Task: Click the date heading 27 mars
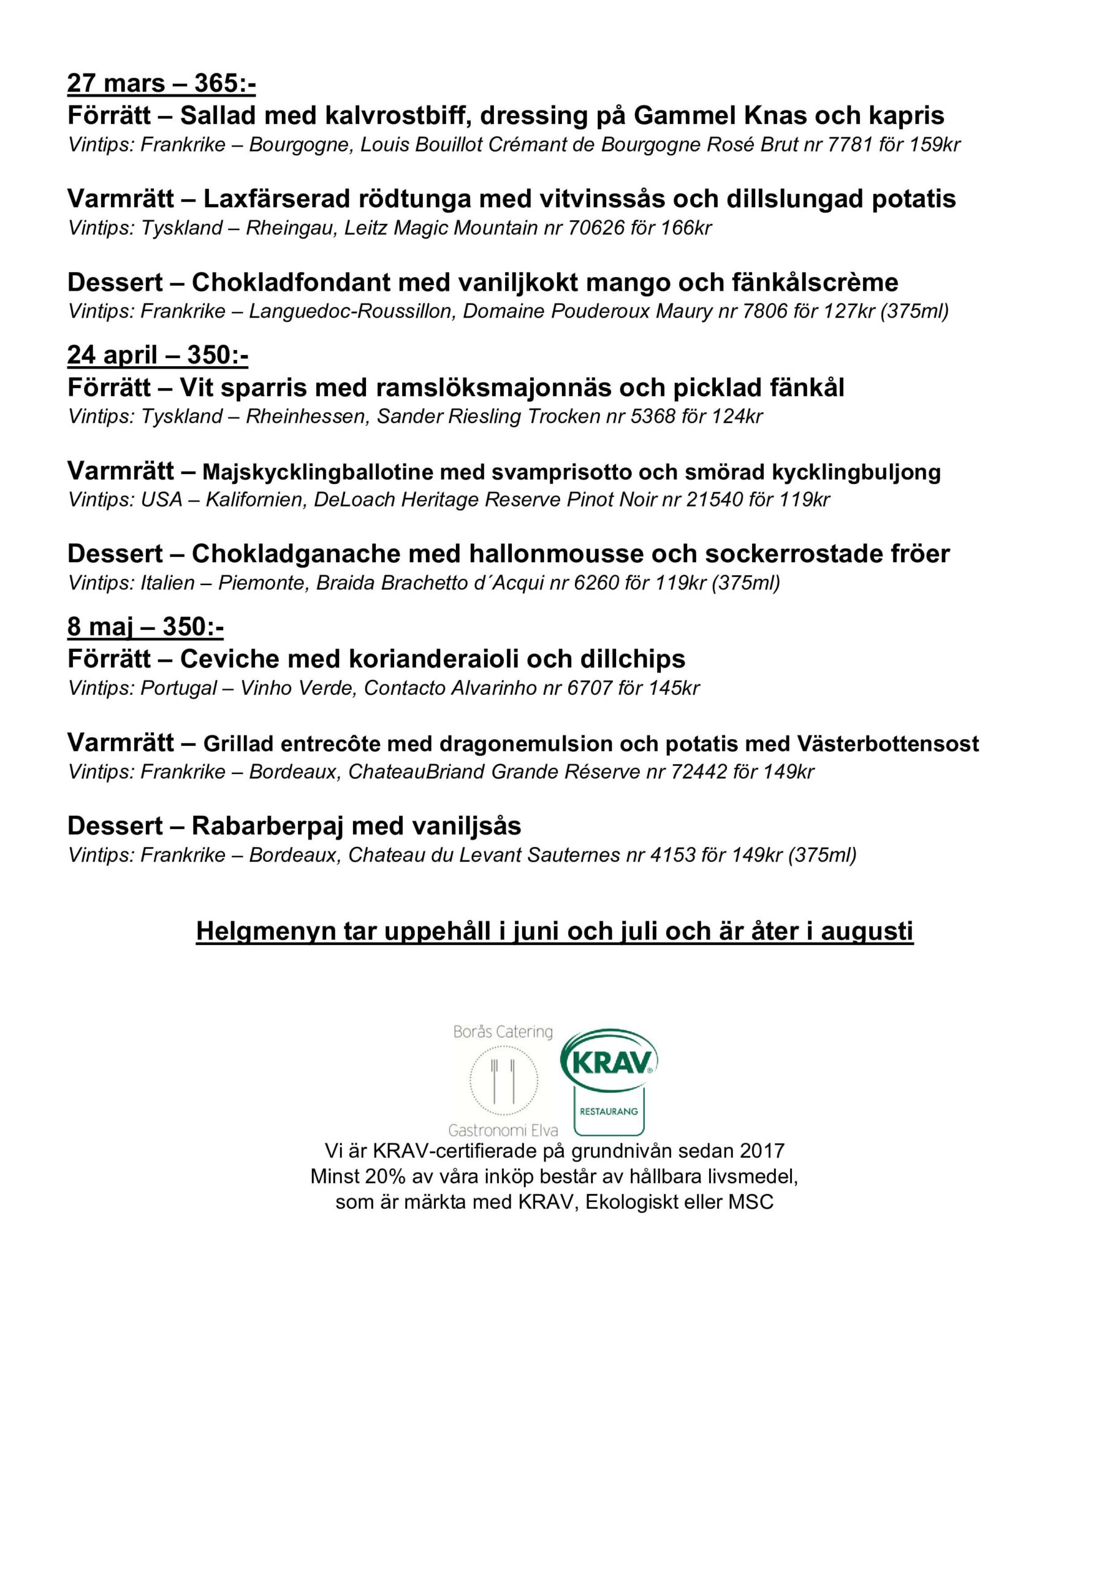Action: pyautogui.click(x=116, y=83)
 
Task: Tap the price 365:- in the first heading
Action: pyautogui.click(x=225, y=83)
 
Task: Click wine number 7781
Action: pyautogui.click(x=849, y=145)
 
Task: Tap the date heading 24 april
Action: pyautogui.click(x=112, y=356)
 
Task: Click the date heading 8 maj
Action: pyautogui.click(x=100, y=627)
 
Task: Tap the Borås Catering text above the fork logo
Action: pyautogui.click(x=503, y=1032)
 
